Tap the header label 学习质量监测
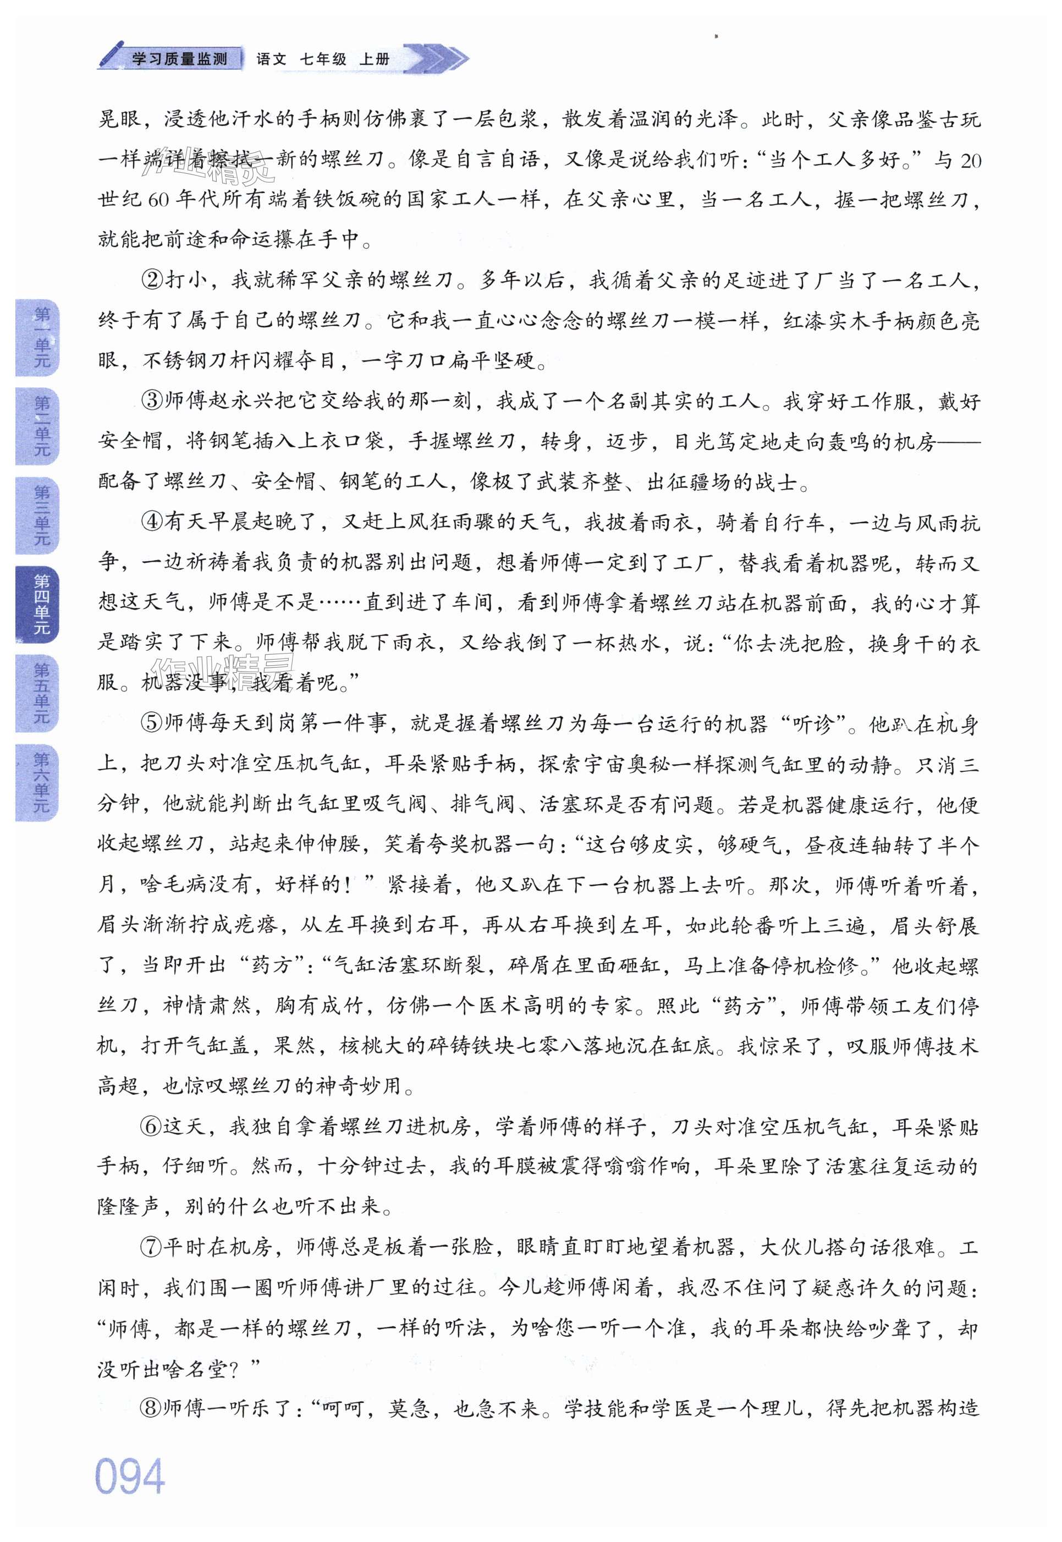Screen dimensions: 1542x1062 (180, 59)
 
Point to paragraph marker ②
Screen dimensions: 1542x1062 (152, 280)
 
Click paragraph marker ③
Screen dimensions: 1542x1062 (152, 401)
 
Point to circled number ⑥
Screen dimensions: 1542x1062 (152, 1127)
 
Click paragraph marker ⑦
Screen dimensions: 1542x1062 (152, 1247)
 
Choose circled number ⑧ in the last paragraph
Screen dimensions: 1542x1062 (152, 1408)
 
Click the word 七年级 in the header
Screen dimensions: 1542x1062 (323, 59)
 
